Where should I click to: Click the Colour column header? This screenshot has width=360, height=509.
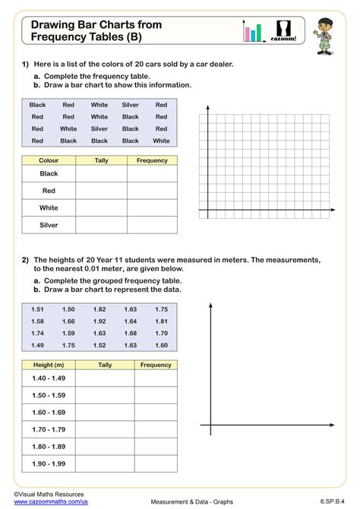pos(49,160)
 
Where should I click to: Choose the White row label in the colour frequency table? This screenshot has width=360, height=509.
pos(49,207)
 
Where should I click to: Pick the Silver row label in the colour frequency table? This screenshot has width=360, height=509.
pos(49,224)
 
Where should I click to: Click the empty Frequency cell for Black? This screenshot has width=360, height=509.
pos(152,174)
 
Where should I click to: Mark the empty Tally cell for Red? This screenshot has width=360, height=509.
pos(101,191)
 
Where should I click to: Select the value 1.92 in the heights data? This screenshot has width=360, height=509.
pos(99,321)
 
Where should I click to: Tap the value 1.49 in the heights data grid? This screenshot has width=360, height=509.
pos(38,345)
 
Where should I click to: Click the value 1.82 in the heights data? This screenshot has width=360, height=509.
pos(99,309)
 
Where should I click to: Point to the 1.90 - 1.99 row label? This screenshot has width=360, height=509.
pos(49,463)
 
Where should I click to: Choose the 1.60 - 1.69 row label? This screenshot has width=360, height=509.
pos(49,413)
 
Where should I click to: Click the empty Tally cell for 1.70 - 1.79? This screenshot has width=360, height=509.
pos(105,429)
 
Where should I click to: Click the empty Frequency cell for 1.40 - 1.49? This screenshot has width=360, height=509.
pos(156,378)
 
